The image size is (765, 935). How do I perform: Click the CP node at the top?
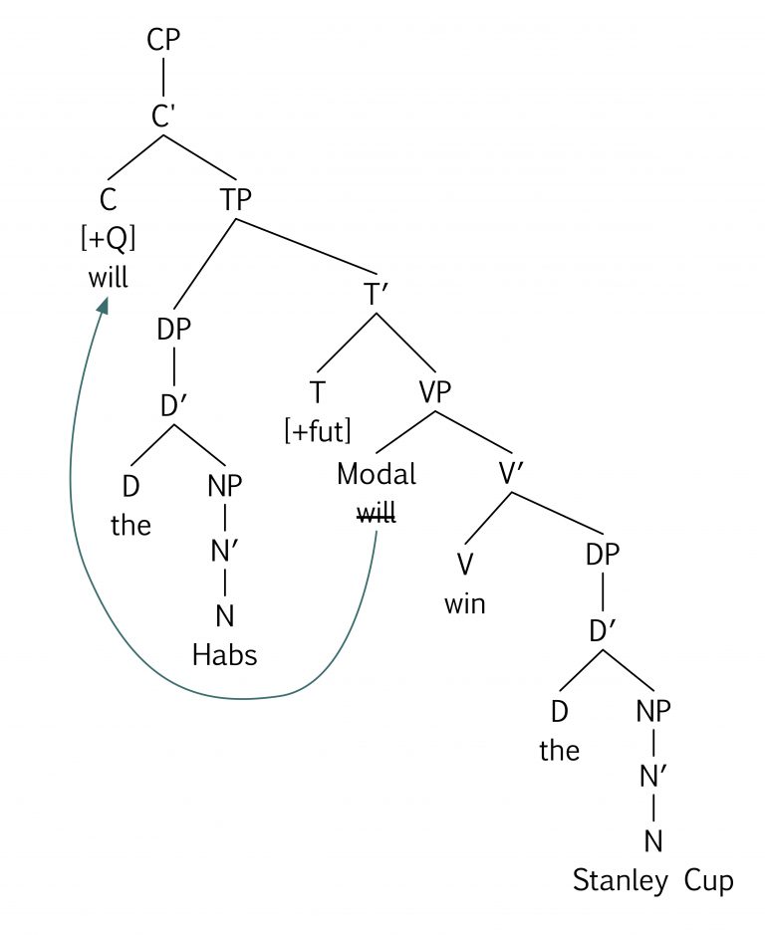pos(162,40)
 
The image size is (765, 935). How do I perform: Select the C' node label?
pos(164,117)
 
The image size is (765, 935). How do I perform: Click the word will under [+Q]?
pos(108,276)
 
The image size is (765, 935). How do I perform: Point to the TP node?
pos(236,198)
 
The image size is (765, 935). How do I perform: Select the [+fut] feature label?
pos(317,430)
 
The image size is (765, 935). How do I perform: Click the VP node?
pos(435,391)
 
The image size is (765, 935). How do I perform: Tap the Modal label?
pos(376,474)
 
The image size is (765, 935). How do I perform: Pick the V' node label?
pos(512,474)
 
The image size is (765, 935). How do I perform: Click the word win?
pos(464,603)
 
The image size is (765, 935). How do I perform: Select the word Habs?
pos(224,654)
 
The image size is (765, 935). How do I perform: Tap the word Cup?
pos(709,880)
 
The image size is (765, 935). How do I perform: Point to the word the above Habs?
pos(130,525)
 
